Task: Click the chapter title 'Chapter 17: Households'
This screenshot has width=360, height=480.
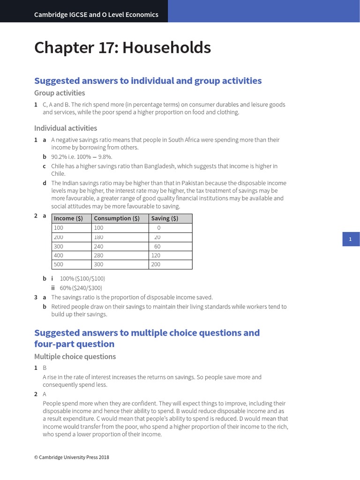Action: (122, 48)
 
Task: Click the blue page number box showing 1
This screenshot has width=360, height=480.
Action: (350, 240)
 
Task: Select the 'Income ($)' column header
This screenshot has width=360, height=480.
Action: (68, 218)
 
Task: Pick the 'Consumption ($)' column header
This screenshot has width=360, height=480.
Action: (117, 218)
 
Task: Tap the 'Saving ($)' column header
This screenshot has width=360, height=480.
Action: (165, 218)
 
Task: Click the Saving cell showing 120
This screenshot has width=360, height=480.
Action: (156, 255)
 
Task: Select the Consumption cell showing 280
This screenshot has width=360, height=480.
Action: (99, 255)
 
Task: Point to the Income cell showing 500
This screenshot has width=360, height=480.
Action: (59, 264)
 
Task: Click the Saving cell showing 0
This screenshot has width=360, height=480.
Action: (159, 228)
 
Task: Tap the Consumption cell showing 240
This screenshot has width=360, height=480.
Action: (99, 246)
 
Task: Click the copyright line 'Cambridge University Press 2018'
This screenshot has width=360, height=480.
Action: (74, 457)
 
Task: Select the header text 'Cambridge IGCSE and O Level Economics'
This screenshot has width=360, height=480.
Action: (96, 15)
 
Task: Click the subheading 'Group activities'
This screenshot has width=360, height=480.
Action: (60, 93)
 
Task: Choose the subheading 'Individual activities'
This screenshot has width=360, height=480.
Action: (66, 128)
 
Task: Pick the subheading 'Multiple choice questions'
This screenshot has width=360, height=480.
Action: (75, 356)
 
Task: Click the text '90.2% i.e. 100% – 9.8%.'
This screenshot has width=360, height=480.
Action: (82, 157)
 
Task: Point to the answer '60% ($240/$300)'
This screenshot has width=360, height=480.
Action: (81, 288)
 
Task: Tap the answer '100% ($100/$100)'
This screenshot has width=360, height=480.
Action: (82, 278)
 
